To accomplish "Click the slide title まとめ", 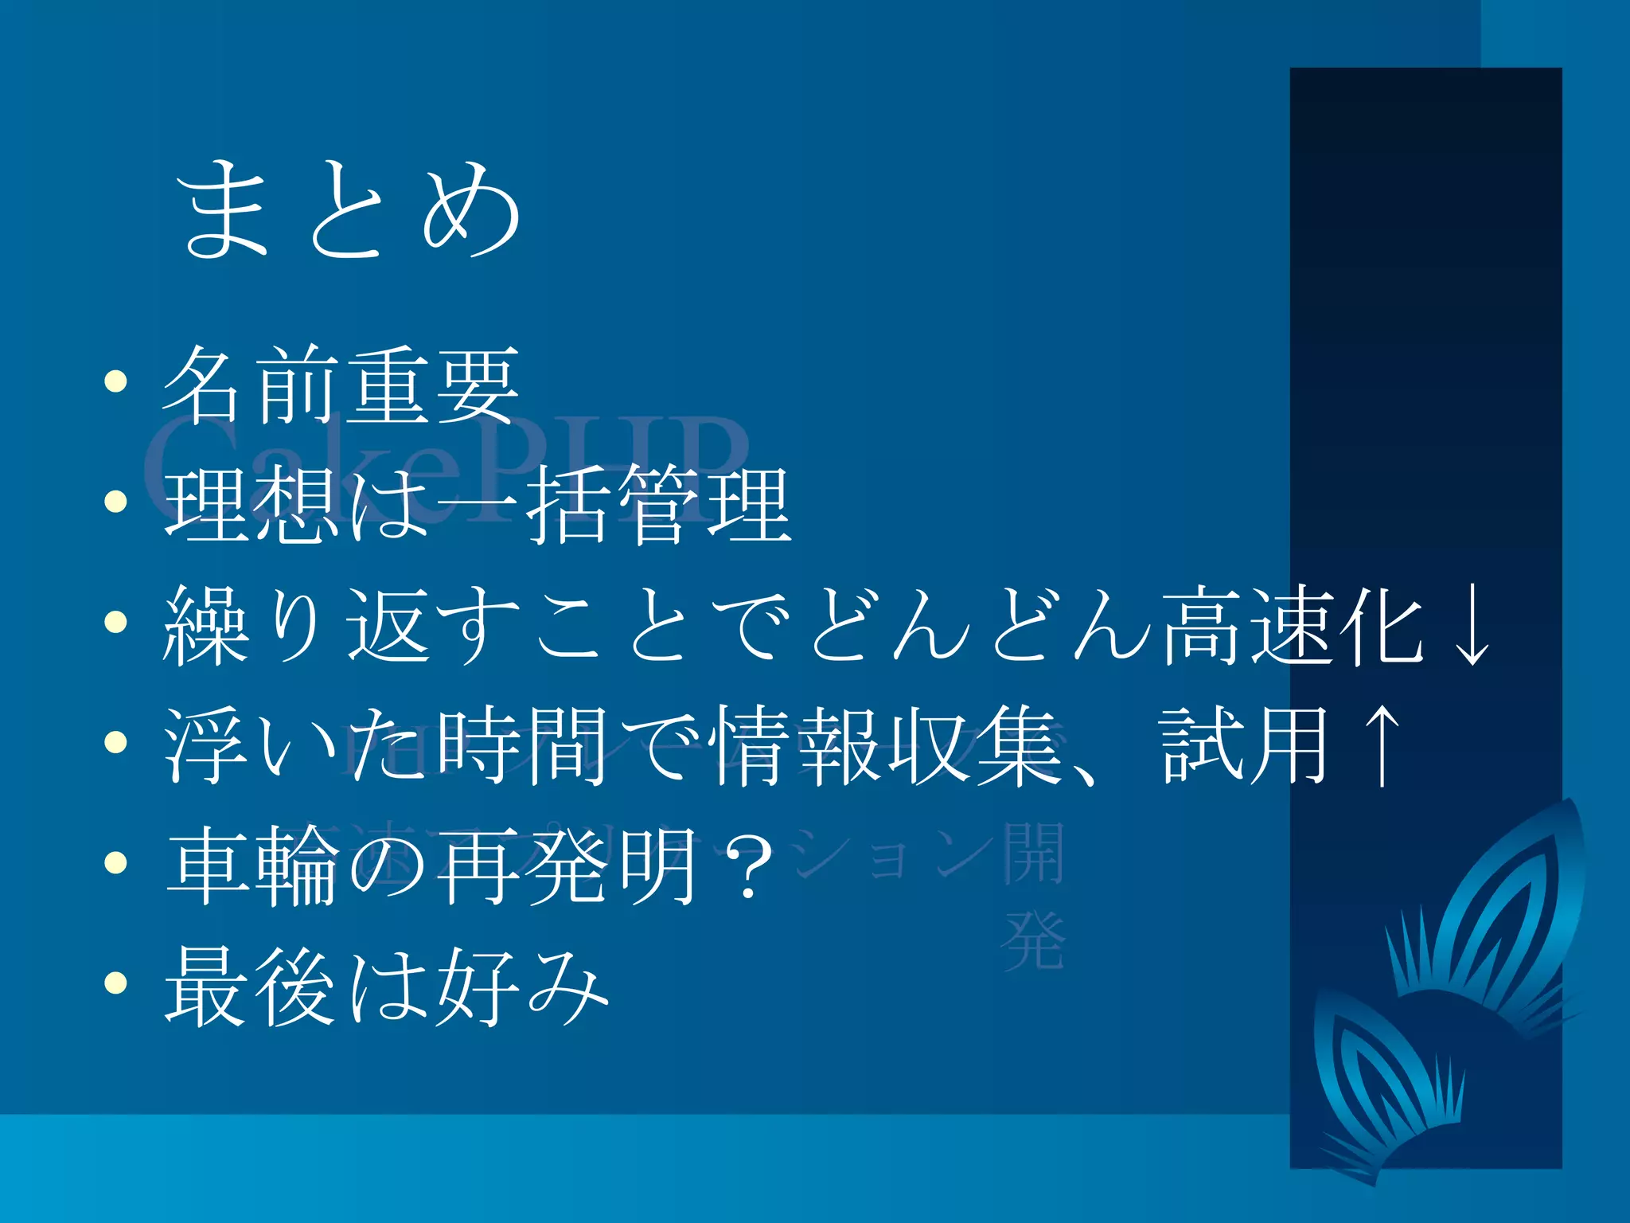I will (x=348, y=209).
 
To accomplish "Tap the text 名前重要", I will (x=341, y=385).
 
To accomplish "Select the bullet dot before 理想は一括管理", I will (x=116, y=501).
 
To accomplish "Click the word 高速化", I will (x=1293, y=627).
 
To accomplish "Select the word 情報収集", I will (x=890, y=746).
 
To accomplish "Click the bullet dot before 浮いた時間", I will (x=116, y=742).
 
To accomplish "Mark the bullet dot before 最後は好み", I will (x=116, y=983).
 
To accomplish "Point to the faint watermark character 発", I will (x=1033, y=942).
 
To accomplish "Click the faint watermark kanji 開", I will (x=1033, y=854).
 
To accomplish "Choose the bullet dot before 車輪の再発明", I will (x=116, y=862).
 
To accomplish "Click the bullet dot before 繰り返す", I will (x=116, y=622).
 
